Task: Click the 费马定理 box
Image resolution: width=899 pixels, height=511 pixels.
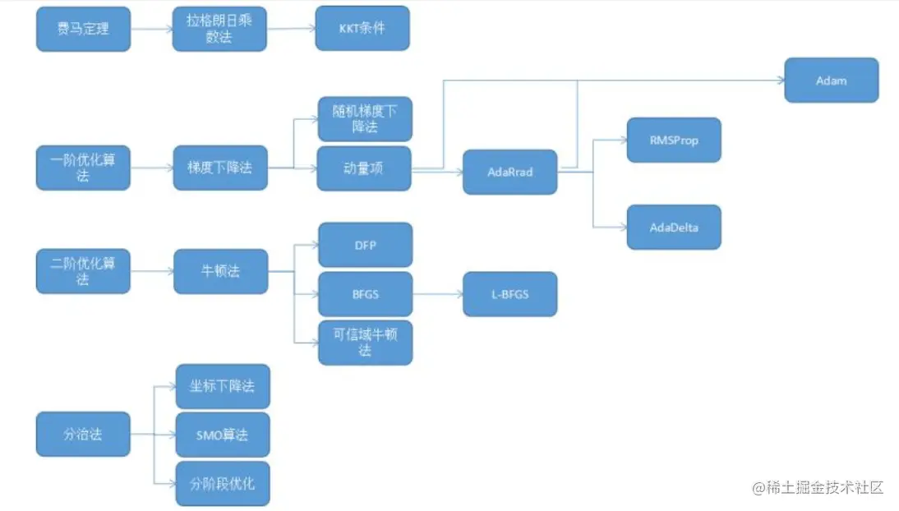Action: coord(83,29)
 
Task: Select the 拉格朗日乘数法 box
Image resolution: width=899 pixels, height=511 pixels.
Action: coord(220,29)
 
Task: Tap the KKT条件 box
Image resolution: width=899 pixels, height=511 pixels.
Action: coord(362,29)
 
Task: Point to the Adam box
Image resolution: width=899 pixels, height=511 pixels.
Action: coord(832,81)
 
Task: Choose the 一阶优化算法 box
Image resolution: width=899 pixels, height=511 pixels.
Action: coord(83,168)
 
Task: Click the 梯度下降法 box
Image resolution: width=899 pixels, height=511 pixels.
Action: coord(220,168)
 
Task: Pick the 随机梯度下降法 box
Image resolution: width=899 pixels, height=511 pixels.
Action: coord(364,119)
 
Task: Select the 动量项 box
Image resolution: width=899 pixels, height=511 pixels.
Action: coord(364,168)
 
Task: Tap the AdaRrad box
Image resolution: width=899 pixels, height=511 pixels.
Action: coord(509,173)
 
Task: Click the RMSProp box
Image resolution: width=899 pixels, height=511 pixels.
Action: coord(674,140)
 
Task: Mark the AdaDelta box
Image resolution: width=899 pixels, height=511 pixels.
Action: coord(674,227)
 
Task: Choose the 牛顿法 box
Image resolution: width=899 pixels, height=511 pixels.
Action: coord(220,271)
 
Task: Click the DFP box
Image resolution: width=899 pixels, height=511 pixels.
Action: coord(364,245)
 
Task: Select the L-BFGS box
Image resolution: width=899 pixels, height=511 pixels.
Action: coord(509,294)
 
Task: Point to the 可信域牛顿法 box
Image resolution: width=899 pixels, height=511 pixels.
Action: coord(364,343)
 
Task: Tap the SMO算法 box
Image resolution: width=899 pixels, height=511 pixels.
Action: coord(222,435)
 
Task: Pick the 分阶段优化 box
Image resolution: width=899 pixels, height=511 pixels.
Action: coord(222,483)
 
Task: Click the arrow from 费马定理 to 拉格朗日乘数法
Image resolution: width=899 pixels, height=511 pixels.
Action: coord(152,30)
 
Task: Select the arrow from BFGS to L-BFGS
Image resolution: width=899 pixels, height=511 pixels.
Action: coord(437,294)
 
